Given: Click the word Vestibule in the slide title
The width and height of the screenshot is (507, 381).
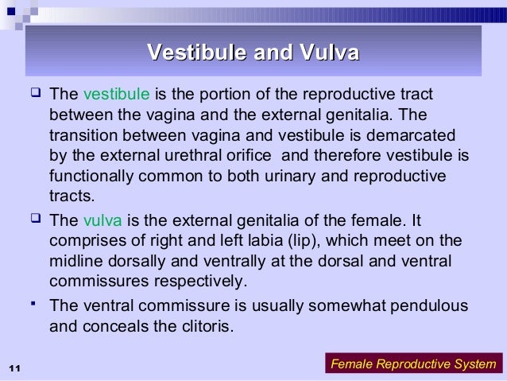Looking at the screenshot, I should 194,53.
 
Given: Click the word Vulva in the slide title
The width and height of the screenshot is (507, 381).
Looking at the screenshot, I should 329,53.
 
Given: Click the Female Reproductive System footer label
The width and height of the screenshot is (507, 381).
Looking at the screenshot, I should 412,364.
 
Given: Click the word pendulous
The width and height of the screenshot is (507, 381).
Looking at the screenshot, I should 433,305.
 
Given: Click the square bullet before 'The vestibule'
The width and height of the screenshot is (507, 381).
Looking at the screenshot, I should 33,95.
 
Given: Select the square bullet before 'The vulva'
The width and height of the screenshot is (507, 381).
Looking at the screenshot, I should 33,220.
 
